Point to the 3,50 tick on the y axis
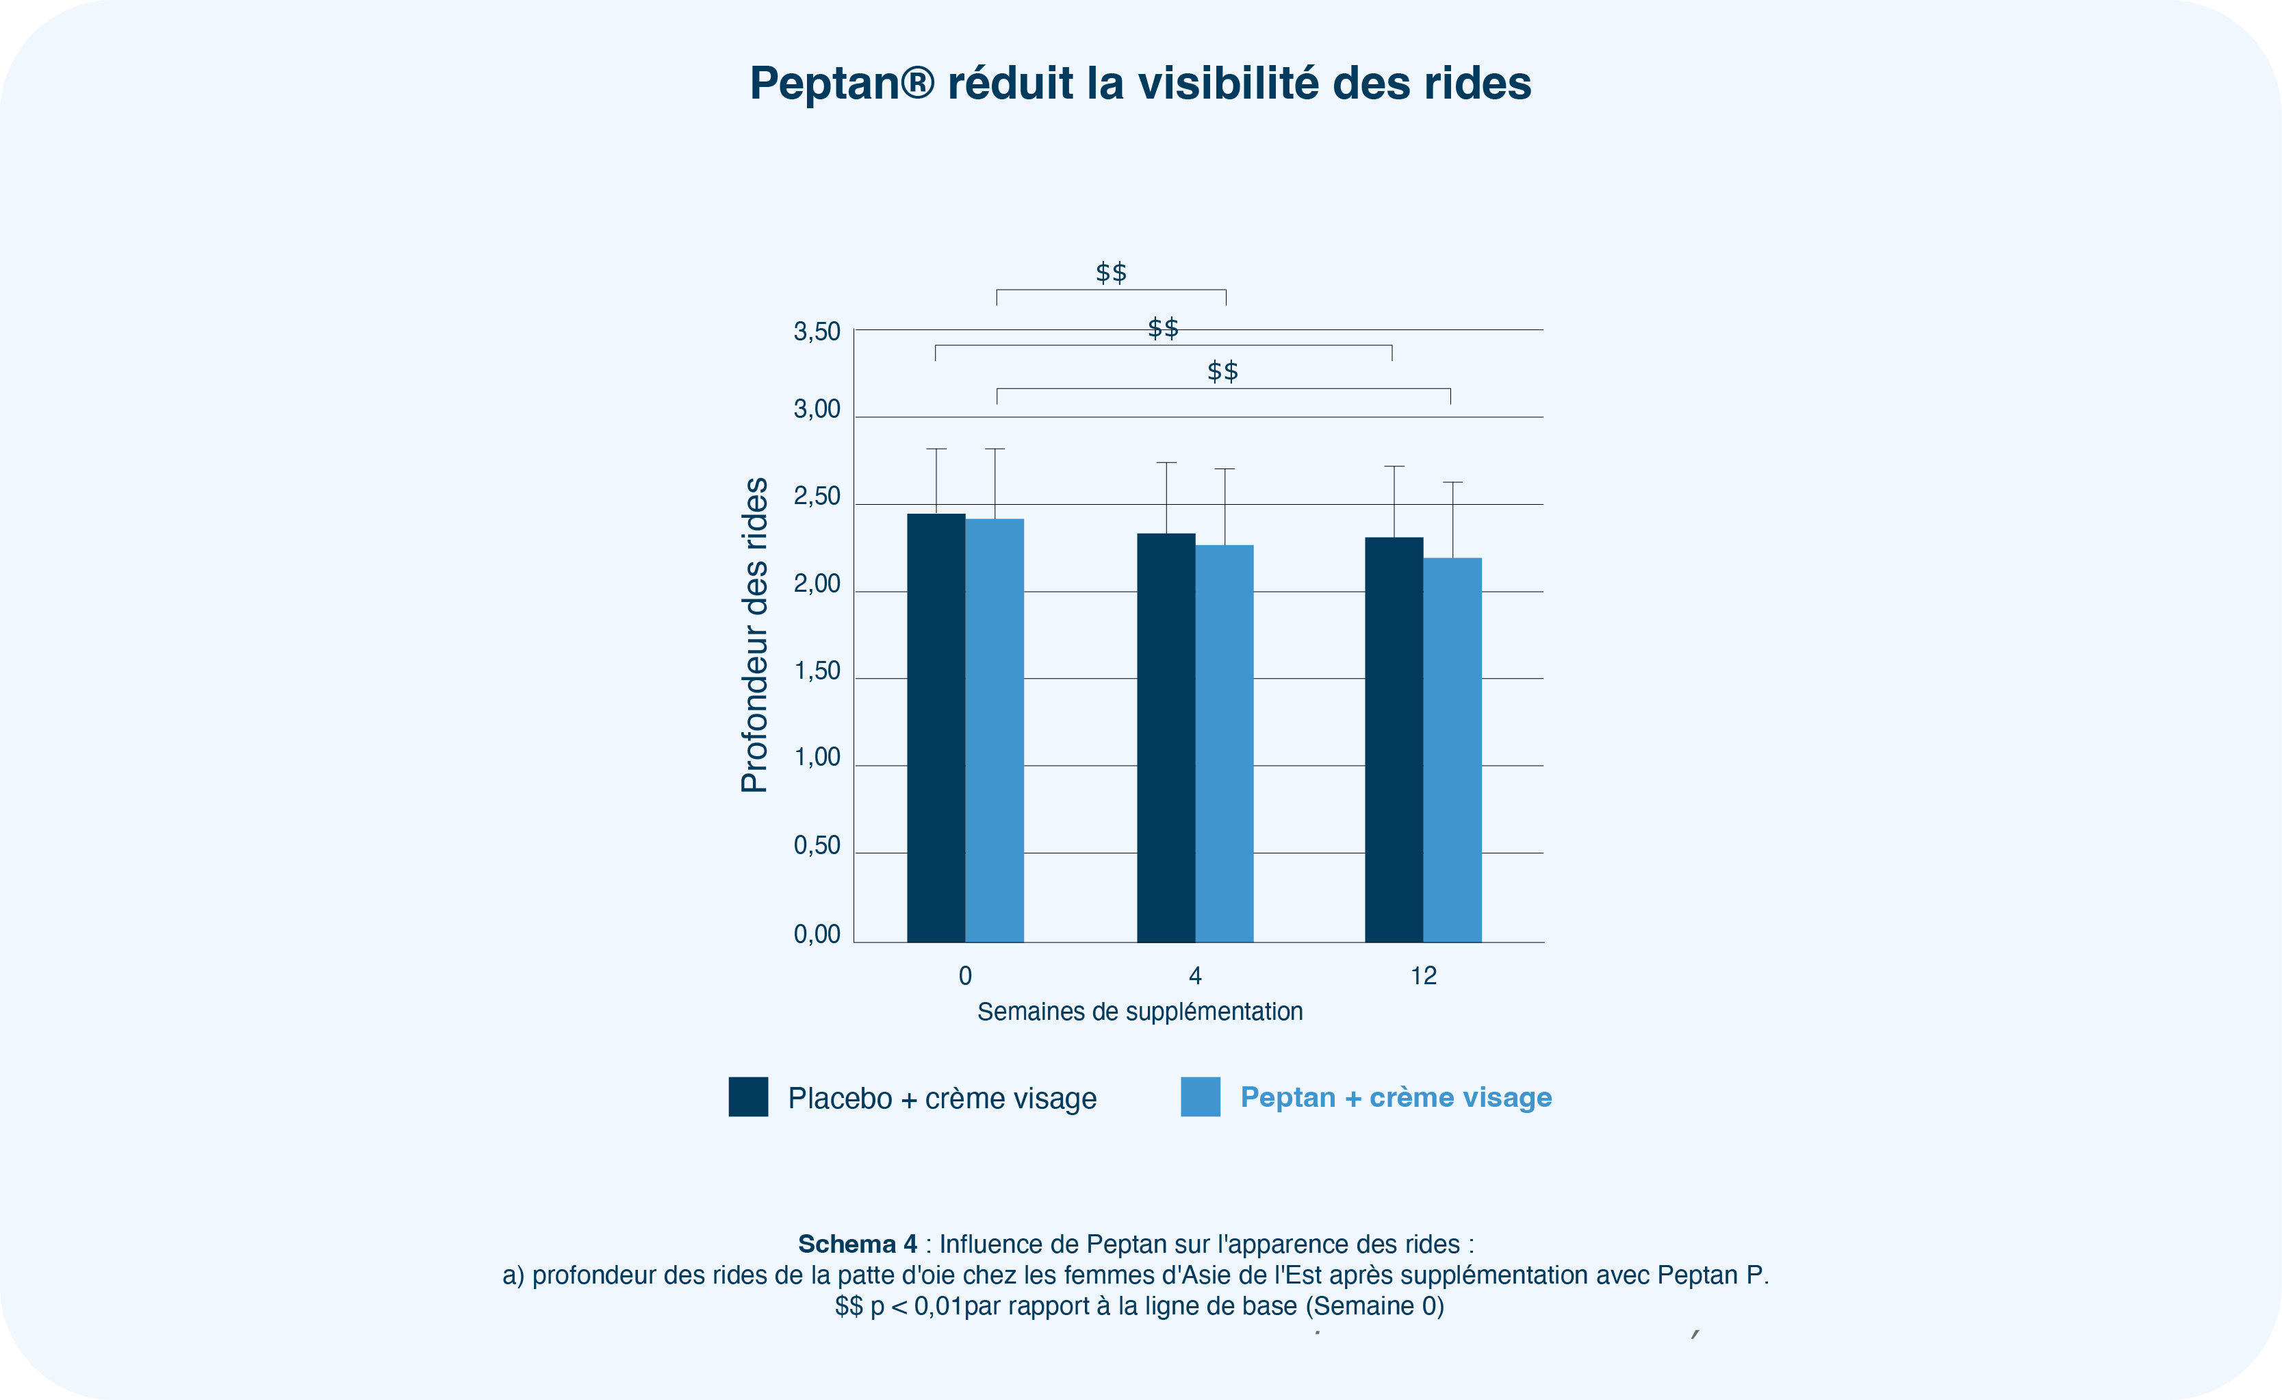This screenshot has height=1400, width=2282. pos(817,332)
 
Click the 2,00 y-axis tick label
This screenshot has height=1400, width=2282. pos(817,584)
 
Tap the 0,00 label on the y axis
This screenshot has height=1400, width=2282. pos(817,934)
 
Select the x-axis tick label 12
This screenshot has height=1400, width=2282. pos(1424,975)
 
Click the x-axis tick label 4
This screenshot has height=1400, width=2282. pos(1194,975)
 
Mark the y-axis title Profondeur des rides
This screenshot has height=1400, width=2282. pos(755,635)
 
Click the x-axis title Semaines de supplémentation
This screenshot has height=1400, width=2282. pos(1140,1012)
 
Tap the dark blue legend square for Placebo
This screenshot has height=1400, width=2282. pos(748,1097)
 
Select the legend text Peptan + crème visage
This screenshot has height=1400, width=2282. pos(1396,1097)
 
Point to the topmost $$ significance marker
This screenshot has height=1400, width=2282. pos(1112,273)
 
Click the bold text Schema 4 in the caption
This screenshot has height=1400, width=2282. pos(858,1243)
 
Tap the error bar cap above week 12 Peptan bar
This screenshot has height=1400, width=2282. pos(1452,482)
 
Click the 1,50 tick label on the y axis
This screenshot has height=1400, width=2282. pos(817,671)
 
